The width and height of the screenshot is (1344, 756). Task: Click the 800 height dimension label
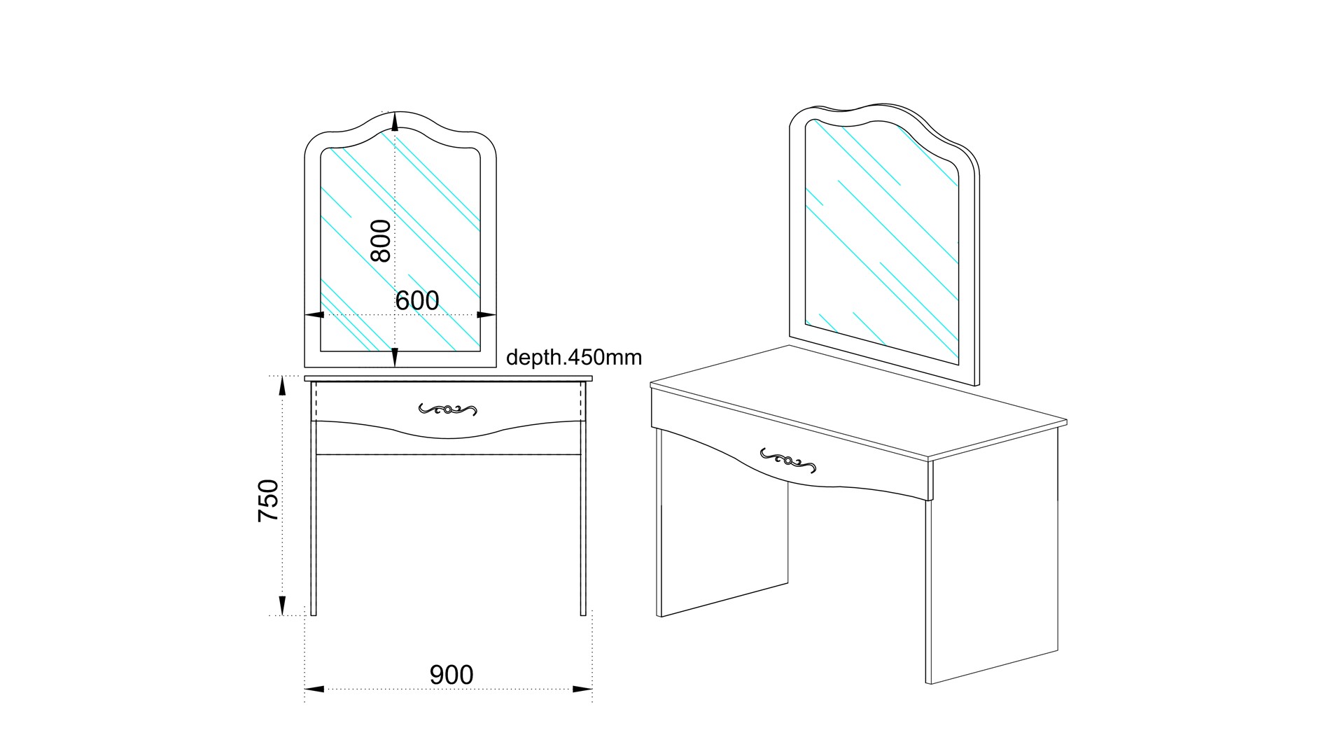[x=381, y=240]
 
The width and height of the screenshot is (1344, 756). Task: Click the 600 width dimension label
[x=417, y=301]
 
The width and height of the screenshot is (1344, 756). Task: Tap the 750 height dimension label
[x=268, y=500]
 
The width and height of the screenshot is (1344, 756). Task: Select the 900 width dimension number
[x=451, y=675]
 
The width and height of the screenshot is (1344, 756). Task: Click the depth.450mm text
[x=574, y=358]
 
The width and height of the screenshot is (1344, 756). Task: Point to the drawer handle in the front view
[x=448, y=409]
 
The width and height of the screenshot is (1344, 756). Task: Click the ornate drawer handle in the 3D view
[x=788, y=459]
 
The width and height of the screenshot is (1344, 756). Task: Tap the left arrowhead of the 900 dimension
[x=314, y=689]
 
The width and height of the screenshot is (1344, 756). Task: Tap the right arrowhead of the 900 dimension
[x=583, y=689]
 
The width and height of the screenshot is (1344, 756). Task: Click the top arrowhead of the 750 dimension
[x=282, y=386]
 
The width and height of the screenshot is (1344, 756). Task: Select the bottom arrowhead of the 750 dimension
[x=282, y=605]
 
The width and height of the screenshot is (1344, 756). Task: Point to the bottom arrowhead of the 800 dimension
[x=395, y=357]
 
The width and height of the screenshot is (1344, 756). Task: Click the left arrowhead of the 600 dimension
[x=314, y=315]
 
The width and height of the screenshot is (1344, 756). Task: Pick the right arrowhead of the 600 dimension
[x=486, y=315]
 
